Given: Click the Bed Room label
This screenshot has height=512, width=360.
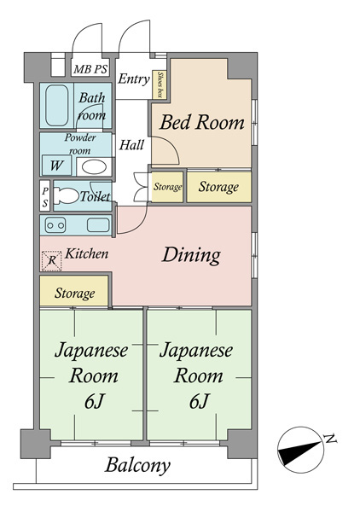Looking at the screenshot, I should coord(202,122).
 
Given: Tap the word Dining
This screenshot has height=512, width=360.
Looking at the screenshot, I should coord(192,254).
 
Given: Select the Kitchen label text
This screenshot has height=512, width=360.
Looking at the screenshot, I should coord(87,253).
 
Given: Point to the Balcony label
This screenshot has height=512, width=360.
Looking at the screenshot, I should coord(138,466).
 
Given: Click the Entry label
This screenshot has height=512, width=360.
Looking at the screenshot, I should coord(134,79).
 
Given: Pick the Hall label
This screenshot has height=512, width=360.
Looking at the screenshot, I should coord(131,145).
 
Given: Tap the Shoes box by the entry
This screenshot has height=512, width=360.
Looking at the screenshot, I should coord(159,83).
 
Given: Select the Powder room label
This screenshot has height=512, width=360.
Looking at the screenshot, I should coord(80,143).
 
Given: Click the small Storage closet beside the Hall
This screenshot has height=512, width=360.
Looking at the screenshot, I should coord(167,187).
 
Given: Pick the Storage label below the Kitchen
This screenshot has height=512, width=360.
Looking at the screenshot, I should coord(75,293).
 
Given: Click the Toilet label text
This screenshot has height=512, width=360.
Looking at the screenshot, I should coord(95,196).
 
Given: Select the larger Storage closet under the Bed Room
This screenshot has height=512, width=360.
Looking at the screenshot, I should coord(218,186).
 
